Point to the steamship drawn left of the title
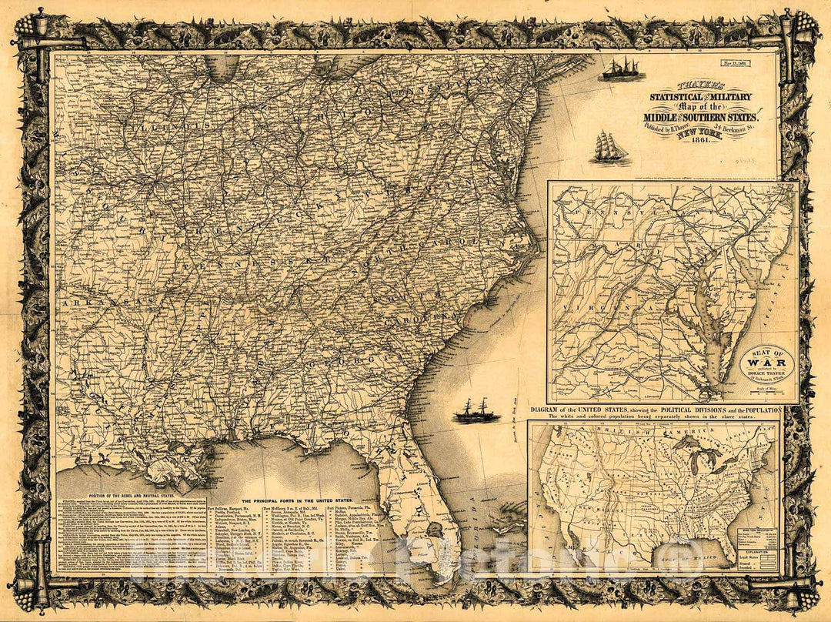623,69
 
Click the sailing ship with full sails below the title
609,148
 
